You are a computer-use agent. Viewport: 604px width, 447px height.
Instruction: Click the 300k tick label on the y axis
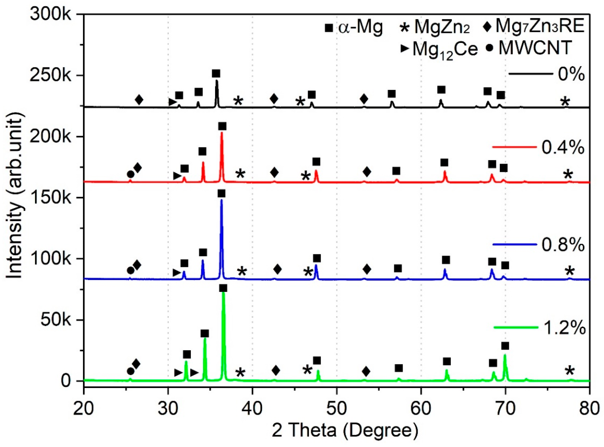[51, 14]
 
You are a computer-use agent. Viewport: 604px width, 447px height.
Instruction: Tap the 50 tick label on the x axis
[337, 401]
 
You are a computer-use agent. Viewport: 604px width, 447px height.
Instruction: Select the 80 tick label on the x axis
[589, 401]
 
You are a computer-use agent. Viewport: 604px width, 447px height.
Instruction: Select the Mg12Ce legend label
[445, 49]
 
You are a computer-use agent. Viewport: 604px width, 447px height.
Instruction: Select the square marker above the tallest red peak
[222, 126]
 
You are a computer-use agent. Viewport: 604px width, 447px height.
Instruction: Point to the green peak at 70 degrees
[505, 355]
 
